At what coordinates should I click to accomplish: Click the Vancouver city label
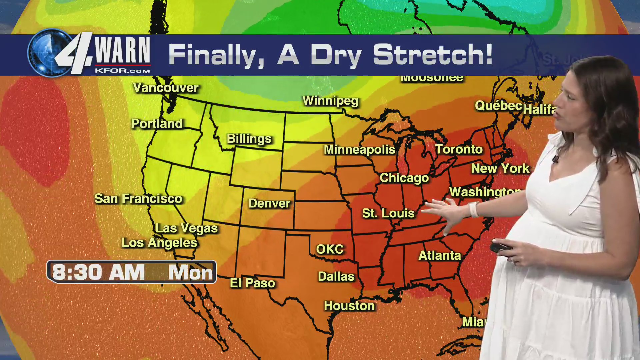pyautogui.click(x=166, y=88)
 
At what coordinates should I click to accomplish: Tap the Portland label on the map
pyautogui.click(x=157, y=124)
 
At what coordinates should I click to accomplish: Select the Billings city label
pyautogui.click(x=249, y=139)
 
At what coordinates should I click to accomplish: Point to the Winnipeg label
pyautogui.click(x=330, y=101)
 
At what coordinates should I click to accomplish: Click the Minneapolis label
pyautogui.click(x=359, y=150)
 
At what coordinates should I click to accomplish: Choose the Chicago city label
pyautogui.click(x=404, y=178)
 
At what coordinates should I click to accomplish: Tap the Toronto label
pyautogui.click(x=459, y=149)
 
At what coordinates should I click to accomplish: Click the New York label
pyautogui.click(x=500, y=169)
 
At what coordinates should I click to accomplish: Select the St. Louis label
pyautogui.click(x=388, y=213)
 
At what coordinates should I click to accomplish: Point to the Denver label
pyautogui.click(x=269, y=203)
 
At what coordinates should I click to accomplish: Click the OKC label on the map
pyautogui.click(x=330, y=249)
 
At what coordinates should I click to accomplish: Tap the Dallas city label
pyautogui.click(x=336, y=277)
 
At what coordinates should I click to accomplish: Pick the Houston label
pyautogui.click(x=349, y=306)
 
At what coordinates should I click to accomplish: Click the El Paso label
pyautogui.click(x=252, y=283)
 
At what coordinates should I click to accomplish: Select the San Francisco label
pyautogui.click(x=138, y=199)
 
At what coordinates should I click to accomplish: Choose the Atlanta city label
pyautogui.click(x=439, y=256)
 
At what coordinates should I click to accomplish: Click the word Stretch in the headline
pyautogui.click(x=432, y=55)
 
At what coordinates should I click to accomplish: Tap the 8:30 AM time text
pyautogui.click(x=98, y=272)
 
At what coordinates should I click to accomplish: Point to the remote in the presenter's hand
pyautogui.click(x=500, y=248)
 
